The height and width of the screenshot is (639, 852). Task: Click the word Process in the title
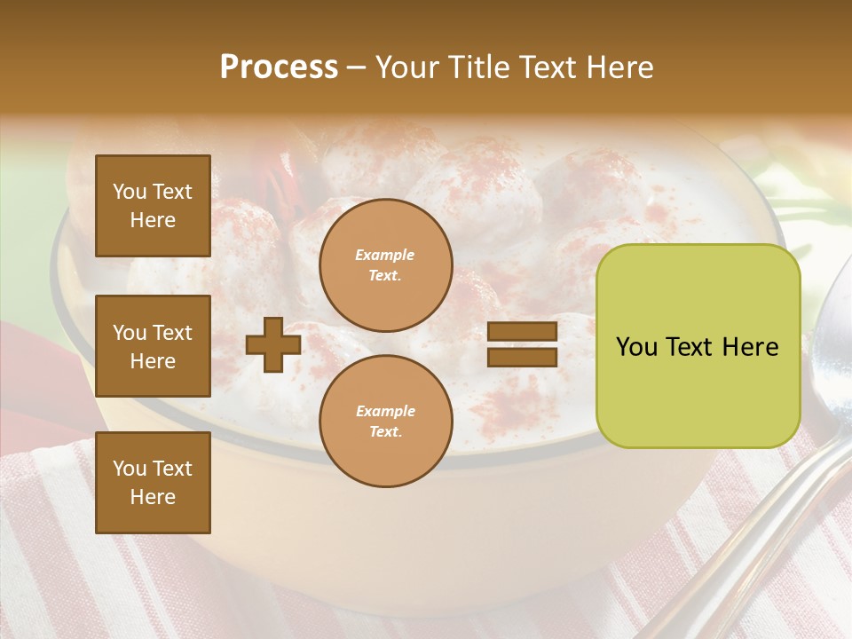279,67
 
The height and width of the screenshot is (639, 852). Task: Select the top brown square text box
153,206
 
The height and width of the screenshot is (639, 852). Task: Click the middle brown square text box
153,346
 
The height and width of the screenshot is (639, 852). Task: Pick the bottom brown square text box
153,483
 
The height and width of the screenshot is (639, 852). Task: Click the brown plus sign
273,344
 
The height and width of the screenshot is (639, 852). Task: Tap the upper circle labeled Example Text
386,265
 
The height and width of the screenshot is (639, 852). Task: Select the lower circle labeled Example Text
386,422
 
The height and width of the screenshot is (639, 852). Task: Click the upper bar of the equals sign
522,332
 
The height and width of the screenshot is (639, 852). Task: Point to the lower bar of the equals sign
522,357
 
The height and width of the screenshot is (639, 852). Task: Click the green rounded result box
698,346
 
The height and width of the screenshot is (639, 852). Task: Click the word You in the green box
635,347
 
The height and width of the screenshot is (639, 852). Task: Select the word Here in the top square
153,220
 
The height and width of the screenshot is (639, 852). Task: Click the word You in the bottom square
130,469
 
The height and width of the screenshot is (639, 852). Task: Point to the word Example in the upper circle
385,255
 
